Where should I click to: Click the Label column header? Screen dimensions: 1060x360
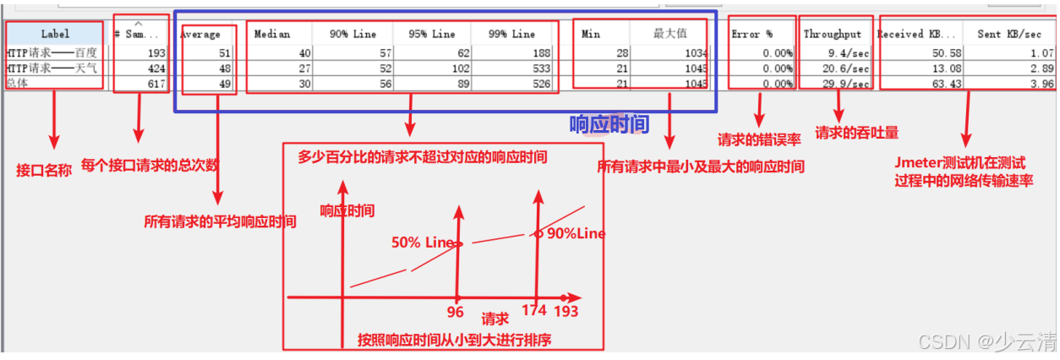55,35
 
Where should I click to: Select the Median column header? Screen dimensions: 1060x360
272,35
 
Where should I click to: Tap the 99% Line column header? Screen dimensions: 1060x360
512,35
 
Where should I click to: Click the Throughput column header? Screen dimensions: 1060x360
833,35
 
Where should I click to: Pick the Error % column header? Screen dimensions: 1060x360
752,35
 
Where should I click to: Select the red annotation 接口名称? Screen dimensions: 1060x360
44,170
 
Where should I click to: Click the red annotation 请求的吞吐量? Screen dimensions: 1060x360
856,133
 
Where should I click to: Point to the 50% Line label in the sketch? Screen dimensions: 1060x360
423,242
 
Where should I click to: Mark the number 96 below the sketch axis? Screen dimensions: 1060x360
456,311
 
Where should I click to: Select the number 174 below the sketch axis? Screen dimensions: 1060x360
534,311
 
